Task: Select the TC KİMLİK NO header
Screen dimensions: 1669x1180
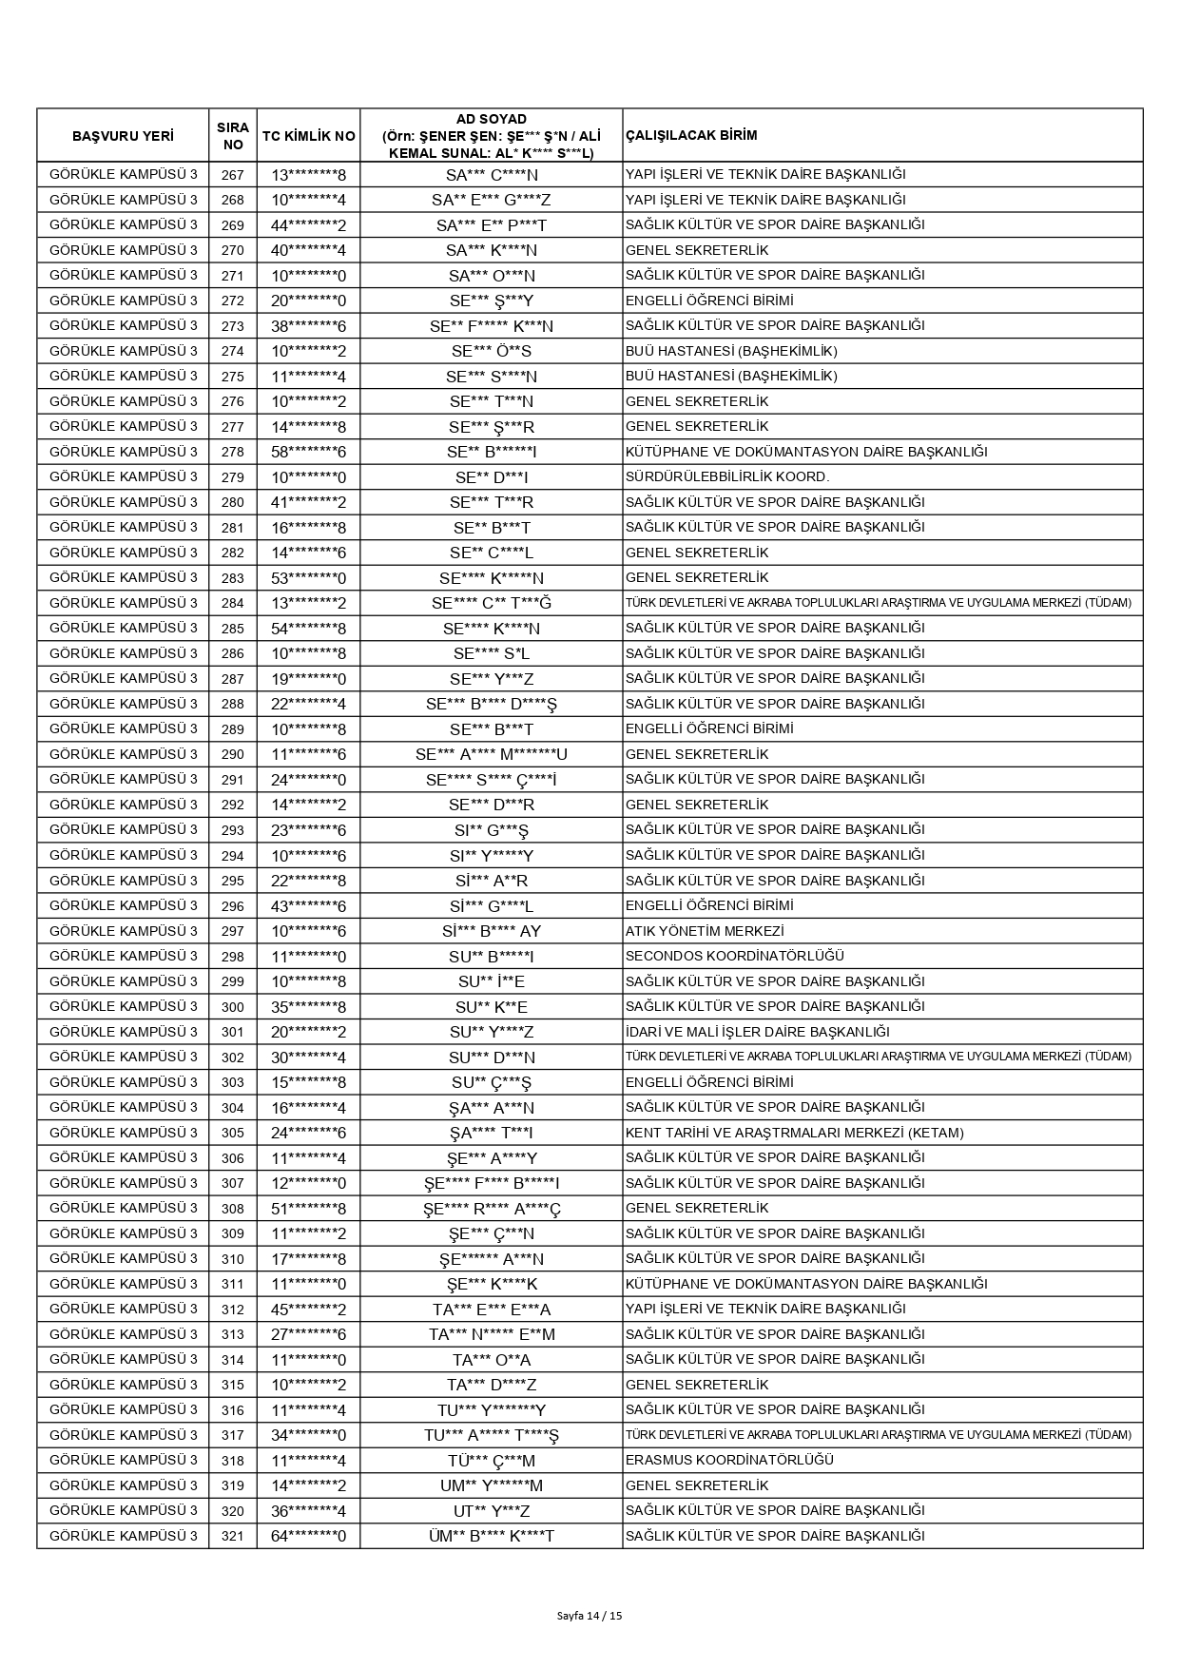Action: pyautogui.click(x=308, y=136)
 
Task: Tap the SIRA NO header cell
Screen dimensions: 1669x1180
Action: pyautogui.click(x=232, y=136)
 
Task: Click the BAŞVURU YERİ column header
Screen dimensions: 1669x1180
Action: pyautogui.click(x=123, y=136)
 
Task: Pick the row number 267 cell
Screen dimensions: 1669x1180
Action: pyautogui.click(x=232, y=175)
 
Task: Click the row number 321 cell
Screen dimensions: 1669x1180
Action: pyautogui.click(x=232, y=1536)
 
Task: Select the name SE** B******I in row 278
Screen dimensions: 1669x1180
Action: pyautogui.click(x=491, y=452)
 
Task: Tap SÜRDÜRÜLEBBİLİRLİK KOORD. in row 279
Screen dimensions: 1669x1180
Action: pyautogui.click(x=727, y=476)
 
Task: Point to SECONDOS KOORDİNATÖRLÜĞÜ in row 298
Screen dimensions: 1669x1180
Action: pyautogui.click(x=734, y=956)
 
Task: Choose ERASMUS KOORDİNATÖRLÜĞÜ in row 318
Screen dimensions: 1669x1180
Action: pyautogui.click(x=729, y=1460)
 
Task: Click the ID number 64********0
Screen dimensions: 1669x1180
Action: pyautogui.click(x=308, y=1536)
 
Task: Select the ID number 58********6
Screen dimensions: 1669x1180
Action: pyautogui.click(x=308, y=452)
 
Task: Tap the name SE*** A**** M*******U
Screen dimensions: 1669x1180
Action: pyautogui.click(x=491, y=754)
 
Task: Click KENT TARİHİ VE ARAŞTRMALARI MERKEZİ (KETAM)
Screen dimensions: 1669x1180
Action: pyautogui.click(x=794, y=1133)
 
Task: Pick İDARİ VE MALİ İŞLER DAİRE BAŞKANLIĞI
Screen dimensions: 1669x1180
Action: pyautogui.click(x=757, y=1032)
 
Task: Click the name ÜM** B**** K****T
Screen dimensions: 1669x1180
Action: pyautogui.click(x=491, y=1536)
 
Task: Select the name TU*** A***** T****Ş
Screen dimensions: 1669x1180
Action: pyautogui.click(x=491, y=1435)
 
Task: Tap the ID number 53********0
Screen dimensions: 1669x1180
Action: pyautogui.click(x=308, y=578)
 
